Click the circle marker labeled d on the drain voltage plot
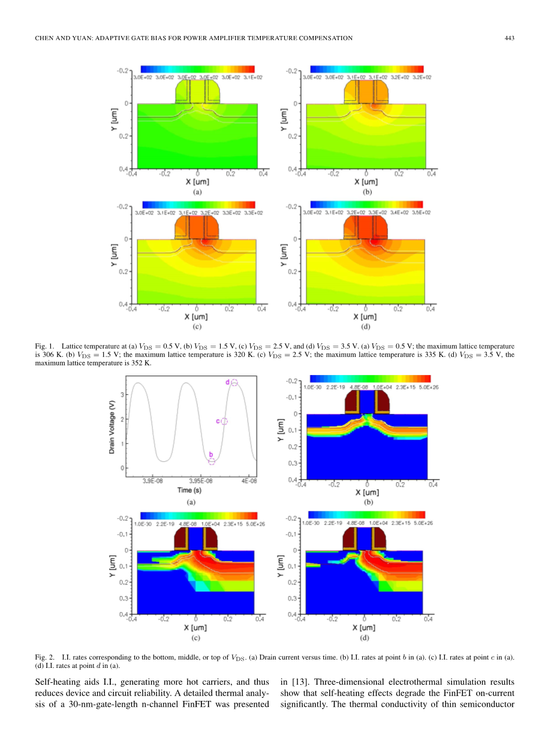click(x=234, y=382)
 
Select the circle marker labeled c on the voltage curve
click(x=224, y=421)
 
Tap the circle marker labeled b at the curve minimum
click(x=212, y=461)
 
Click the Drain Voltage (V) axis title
click(x=112, y=428)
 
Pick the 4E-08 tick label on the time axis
click(x=249, y=480)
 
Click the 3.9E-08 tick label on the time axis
click(x=153, y=480)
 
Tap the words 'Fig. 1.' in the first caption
click(x=45, y=346)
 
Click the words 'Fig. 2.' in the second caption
click(x=45, y=657)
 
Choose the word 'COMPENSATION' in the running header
click(x=326, y=38)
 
